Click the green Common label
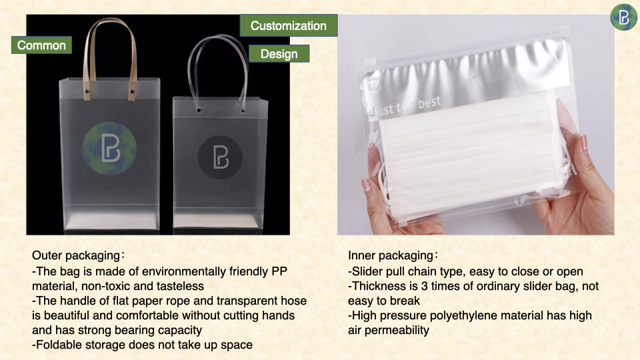click(x=41, y=45)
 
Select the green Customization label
click(x=289, y=25)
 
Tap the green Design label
click(x=279, y=53)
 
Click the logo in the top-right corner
click(x=624, y=17)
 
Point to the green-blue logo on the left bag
click(x=109, y=149)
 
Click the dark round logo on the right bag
click(x=220, y=157)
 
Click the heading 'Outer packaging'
click(x=76, y=255)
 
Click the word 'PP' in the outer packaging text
click(x=279, y=271)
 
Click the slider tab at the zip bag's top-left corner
click(x=369, y=63)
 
